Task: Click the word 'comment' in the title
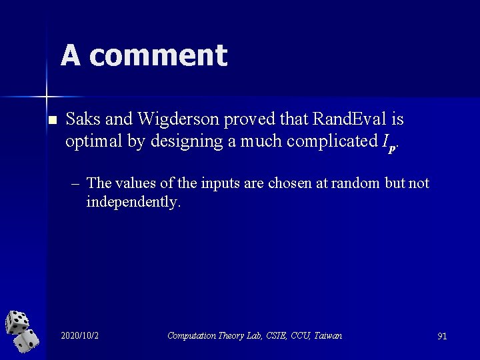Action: (158, 55)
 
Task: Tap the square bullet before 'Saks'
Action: (53, 121)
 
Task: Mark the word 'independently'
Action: (132, 201)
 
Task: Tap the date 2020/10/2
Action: (79, 335)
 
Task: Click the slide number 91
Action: (441, 336)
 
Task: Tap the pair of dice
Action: (22, 331)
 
